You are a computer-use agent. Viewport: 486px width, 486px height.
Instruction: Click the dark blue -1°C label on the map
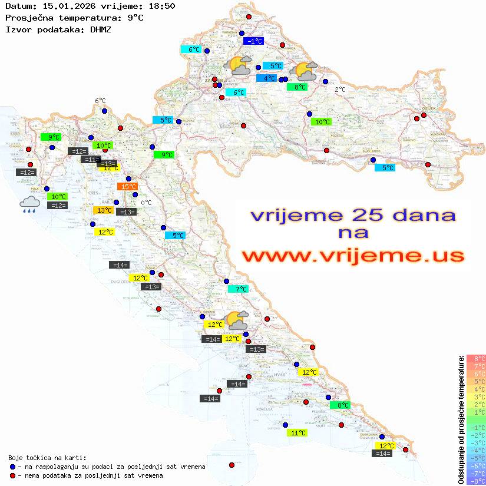pos(254,41)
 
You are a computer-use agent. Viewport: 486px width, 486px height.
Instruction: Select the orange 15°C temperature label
pos(127,187)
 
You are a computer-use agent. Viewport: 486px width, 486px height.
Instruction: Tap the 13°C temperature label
pos(104,210)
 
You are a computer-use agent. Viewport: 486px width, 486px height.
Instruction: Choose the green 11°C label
pos(298,433)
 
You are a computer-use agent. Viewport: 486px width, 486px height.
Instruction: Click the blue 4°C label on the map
pos(266,78)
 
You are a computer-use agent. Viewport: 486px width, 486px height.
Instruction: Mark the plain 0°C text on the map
pos(146,203)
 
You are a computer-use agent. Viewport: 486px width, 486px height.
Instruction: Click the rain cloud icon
pos(29,204)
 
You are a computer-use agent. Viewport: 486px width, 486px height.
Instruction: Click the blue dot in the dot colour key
pos(12,467)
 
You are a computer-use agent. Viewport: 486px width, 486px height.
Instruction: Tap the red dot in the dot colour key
pos(12,475)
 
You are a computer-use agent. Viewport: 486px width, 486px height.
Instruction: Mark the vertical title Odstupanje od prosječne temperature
pos(461,419)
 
